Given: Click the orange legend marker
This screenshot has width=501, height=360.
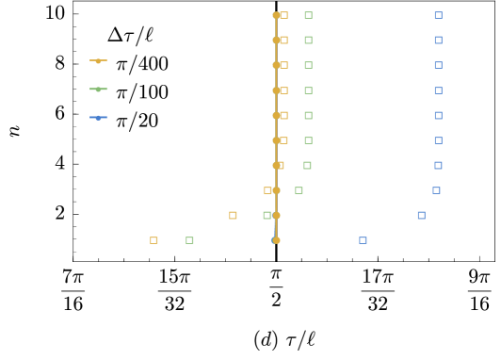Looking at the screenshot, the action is pyautogui.click(x=98, y=60).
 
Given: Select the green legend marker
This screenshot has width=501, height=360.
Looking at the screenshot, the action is pyautogui.click(x=98, y=89).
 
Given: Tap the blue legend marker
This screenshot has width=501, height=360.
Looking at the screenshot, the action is pyautogui.click(x=98, y=117).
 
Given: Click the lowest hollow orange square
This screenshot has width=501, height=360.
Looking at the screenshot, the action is pyautogui.click(x=154, y=240).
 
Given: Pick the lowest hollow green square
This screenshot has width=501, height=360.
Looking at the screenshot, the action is pyautogui.click(x=189, y=240).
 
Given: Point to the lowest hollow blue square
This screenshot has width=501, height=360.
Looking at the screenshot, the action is pyautogui.click(x=363, y=240).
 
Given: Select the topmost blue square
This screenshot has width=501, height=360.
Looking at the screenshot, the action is pyautogui.click(x=438, y=15).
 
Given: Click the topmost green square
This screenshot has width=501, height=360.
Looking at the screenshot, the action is pyautogui.click(x=308, y=15).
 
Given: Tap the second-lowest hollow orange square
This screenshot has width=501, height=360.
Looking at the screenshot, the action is pyautogui.click(x=233, y=215).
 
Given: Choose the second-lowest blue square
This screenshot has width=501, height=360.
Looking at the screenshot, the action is pyautogui.click(x=421, y=215).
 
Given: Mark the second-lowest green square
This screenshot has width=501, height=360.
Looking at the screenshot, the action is pyautogui.click(x=267, y=215).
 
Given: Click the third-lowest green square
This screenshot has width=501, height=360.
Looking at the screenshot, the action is pyautogui.click(x=299, y=190).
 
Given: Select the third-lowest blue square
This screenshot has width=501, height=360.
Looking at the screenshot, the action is pyautogui.click(x=436, y=190).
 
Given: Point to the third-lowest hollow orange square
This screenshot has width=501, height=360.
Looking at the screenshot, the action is pyautogui.click(x=267, y=190).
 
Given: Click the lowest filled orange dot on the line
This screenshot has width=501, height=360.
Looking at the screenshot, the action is pyautogui.click(x=276, y=240).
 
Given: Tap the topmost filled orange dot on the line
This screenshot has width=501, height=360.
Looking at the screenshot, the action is pyautogui.click(x=276, y=15).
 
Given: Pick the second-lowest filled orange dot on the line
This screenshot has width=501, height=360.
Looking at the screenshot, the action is pyautogui.click(x=276, y=215).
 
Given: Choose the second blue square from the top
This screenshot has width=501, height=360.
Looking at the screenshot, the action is pyautogui.click(x=438, y=40).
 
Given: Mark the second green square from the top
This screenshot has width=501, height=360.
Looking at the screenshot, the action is pyautogui.click(x=308, y=40).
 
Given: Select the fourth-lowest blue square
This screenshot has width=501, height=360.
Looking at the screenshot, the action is pyautogui.click(x=438, y=165).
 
